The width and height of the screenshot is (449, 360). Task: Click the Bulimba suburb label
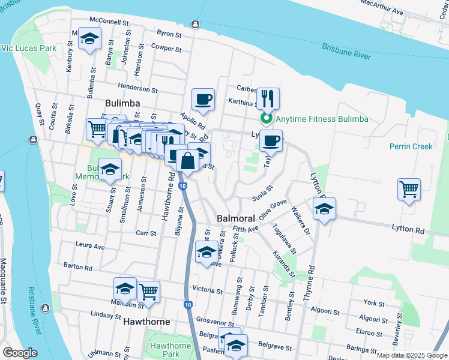click(x=122, y=103)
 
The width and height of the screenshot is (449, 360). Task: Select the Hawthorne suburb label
click(x=146, y=322)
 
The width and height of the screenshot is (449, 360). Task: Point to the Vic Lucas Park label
click(x=28, y=47)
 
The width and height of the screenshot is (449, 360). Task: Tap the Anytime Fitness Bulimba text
click(x=322, y=119)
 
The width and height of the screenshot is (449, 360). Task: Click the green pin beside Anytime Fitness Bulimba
click(x=270, y=119)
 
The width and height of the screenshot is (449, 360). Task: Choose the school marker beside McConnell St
click(x=90, y=40)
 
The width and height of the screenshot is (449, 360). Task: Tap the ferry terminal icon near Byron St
click(x=195, y=24)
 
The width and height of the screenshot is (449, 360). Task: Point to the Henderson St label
click(x=137, y=89)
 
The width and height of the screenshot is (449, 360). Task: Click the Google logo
click(x=20, y=353)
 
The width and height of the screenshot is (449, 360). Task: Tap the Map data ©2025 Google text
click(x=411, y=355)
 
